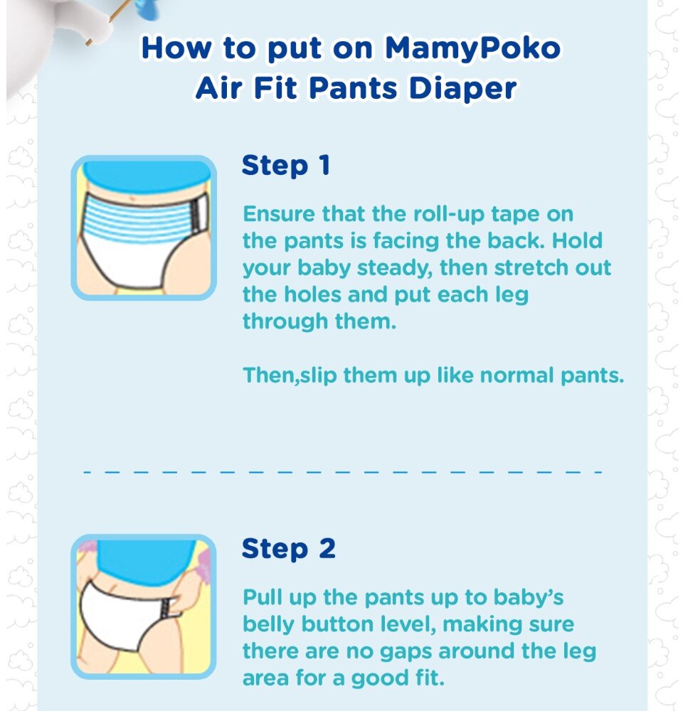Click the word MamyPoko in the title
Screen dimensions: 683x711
472,48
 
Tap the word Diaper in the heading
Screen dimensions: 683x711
462,88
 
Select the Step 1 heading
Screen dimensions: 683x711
286,166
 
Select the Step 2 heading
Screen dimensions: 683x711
289,549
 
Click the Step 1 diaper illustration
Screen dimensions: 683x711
144,228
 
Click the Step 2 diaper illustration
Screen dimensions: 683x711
144,606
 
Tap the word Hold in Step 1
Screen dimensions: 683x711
577,240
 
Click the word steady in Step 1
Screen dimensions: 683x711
396,268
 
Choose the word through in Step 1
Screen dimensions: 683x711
285,321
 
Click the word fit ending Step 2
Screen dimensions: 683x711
430,678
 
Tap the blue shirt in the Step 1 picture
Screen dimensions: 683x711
146,177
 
